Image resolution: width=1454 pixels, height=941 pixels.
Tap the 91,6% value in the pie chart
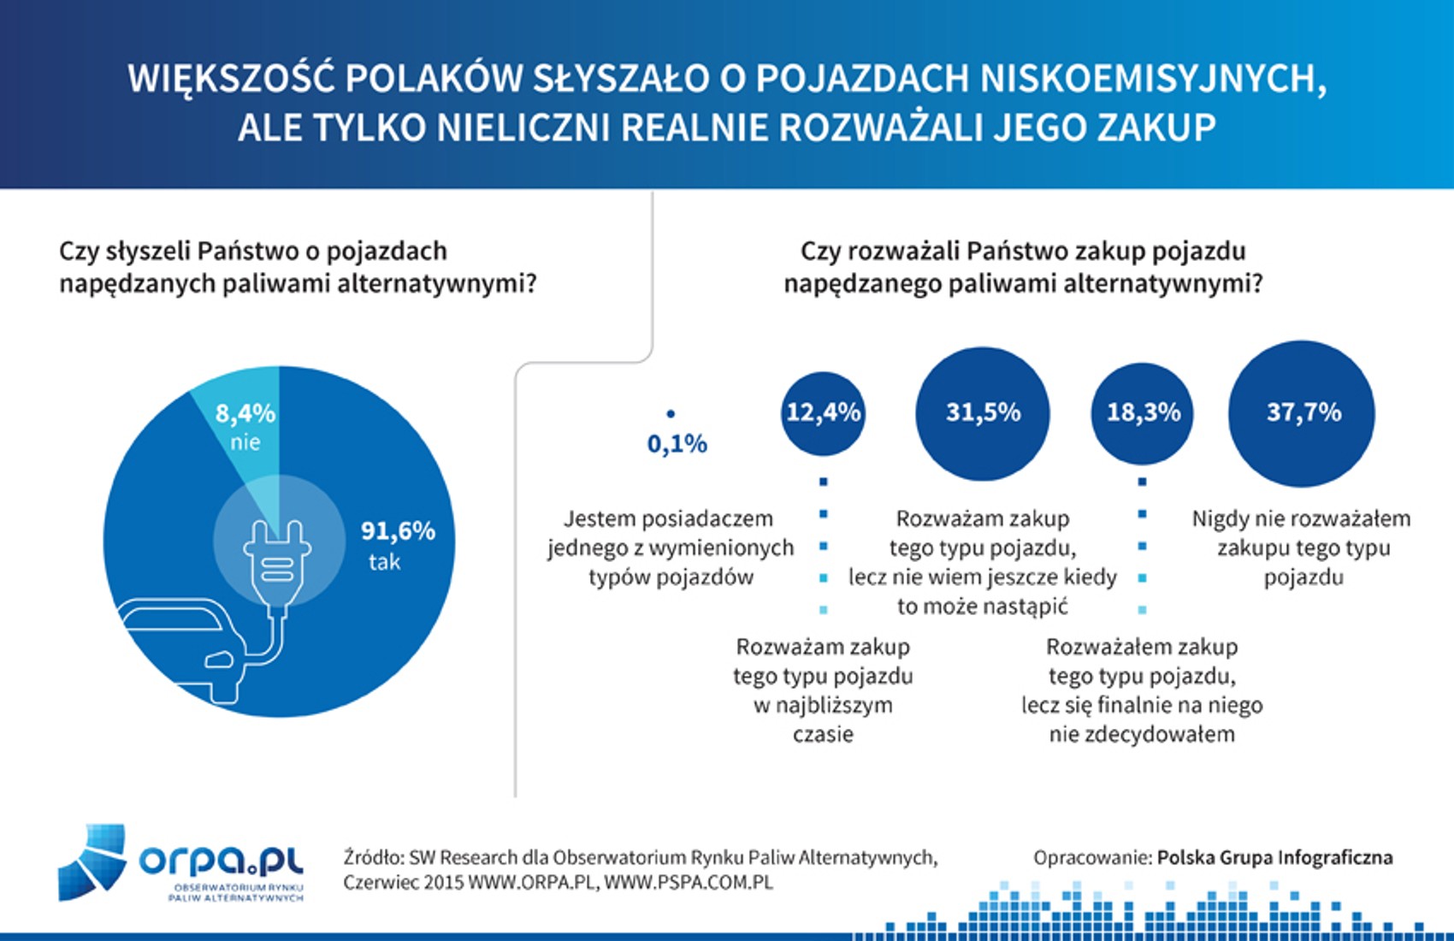point(398,531)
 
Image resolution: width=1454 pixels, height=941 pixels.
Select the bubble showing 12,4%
point(823,413)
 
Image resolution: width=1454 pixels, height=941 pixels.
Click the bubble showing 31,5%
point(983,413)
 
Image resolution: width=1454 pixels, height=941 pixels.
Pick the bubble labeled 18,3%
point(1143,413)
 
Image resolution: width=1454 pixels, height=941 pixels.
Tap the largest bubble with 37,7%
point(1303,413)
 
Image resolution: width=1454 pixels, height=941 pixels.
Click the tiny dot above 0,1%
point(671,414)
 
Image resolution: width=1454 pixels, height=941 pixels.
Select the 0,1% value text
point(677,444)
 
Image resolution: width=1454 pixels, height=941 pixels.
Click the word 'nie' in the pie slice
point(245,442)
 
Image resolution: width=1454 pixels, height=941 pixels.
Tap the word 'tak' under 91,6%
point(384,562)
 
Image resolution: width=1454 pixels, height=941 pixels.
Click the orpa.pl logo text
point(221,859)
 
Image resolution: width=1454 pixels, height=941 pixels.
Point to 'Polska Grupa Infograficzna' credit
point(1274,857)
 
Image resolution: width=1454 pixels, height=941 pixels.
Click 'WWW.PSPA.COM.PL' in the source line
point(689,882)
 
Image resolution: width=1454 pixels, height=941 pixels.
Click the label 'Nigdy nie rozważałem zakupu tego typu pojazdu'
point(1302,547)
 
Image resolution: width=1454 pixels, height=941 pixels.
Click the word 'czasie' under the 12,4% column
point(823,735)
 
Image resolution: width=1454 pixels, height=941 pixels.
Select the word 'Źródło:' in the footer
point(373,857)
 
